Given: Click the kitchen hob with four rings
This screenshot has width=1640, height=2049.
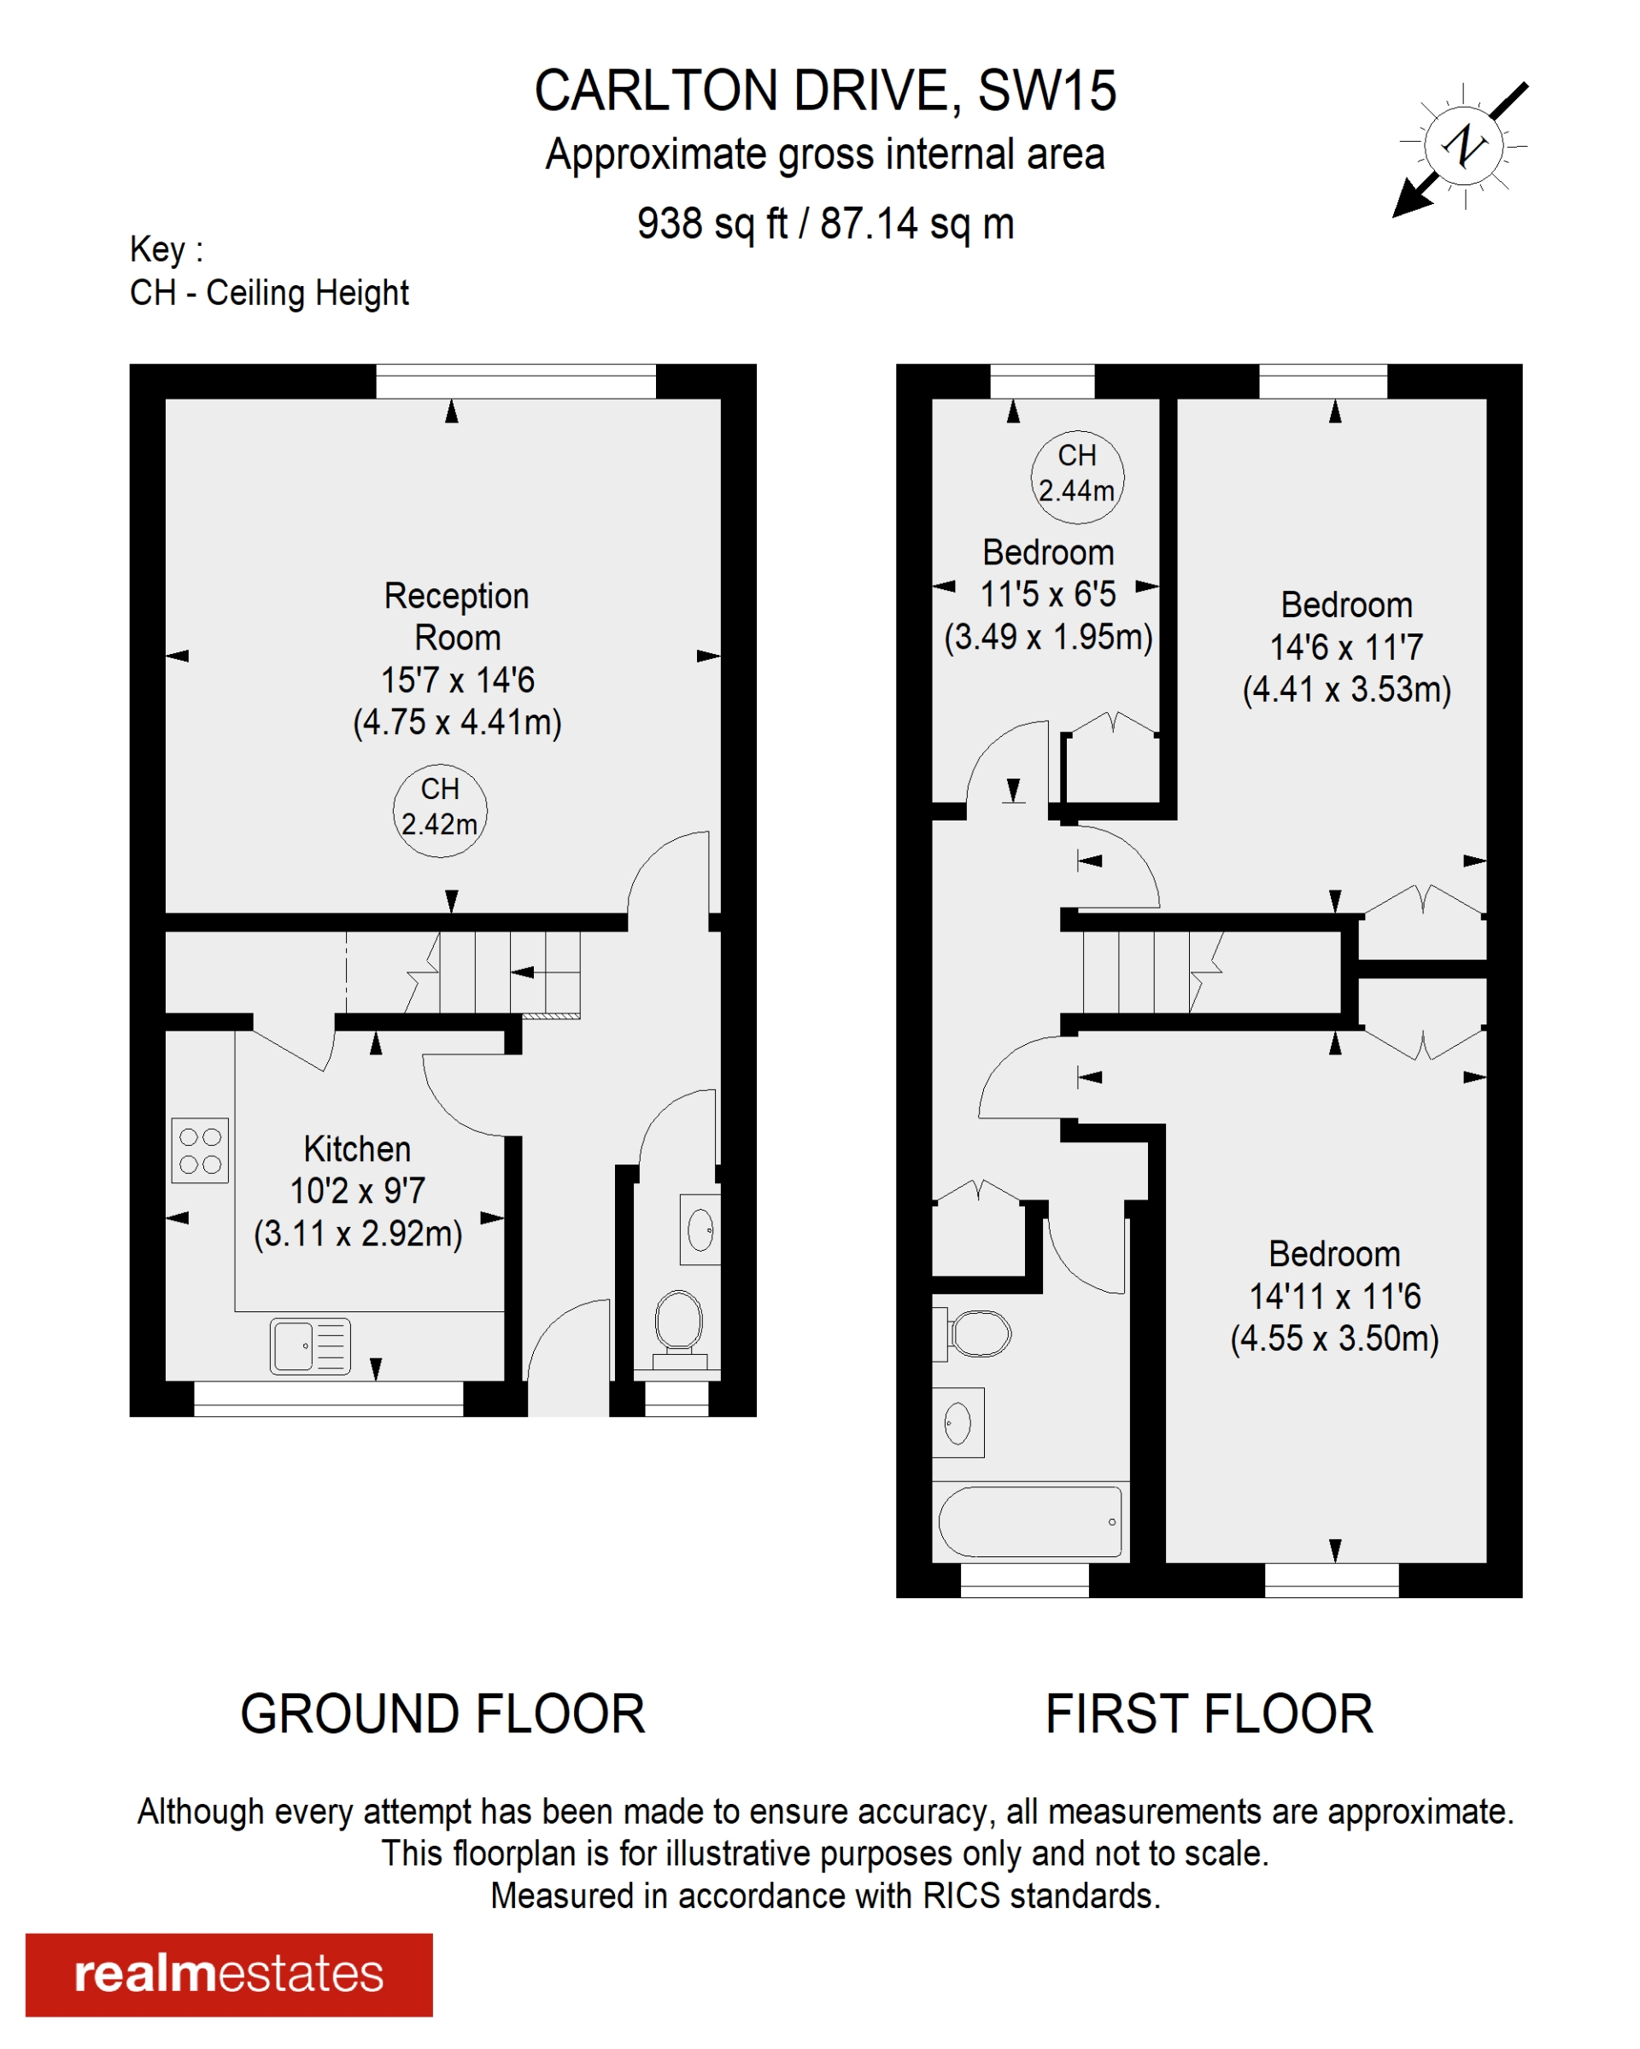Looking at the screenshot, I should click(x=200, y=1150).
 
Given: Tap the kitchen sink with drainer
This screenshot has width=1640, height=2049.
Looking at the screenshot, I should click(x=310, y=1346).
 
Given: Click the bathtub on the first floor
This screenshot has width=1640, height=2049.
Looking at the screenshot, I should click(x=1029, y=1521).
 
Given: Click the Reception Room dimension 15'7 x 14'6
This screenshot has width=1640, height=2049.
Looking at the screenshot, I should click(x=457, y=680).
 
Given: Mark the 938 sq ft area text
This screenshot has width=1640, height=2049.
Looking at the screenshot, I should click(x=712, y=225).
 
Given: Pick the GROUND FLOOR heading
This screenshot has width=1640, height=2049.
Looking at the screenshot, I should click(x=442, y=1713).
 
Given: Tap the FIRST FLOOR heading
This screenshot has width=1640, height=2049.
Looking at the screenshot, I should click(x=1209, y=1713).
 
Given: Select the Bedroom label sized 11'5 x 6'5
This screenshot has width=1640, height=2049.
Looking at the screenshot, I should click(x=1048, y=552).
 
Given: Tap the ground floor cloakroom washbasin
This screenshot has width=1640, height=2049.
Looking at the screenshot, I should click(x=700, y=1229).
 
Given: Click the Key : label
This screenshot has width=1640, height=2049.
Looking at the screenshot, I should click(x=167, y=249).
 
